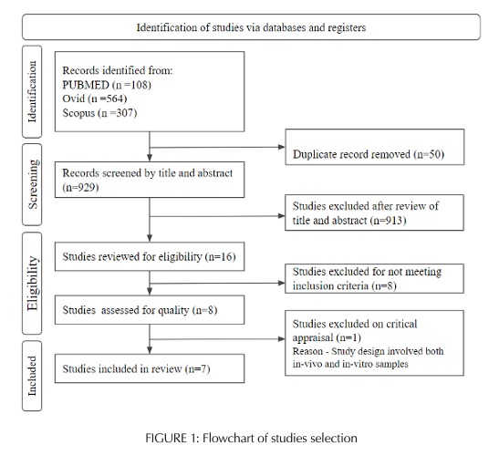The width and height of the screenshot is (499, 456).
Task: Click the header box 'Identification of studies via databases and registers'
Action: click(250, 26)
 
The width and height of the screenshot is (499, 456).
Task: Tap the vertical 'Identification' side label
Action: click(35, 92)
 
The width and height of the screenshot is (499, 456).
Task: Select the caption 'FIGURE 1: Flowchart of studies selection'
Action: click(249, 438)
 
